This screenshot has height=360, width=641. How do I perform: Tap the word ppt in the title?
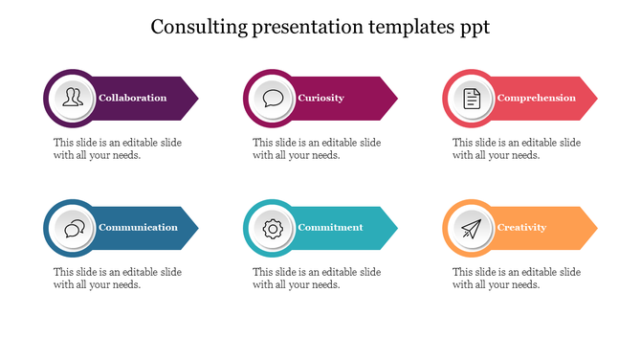coord(473,27)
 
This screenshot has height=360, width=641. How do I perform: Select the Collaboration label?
coord(132,98)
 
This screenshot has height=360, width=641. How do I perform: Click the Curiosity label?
coord(320,98)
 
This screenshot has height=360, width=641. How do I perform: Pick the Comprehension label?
coord(536,98)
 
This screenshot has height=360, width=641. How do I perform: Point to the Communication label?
coord(138,228)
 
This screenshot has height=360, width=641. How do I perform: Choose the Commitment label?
coord(330,228)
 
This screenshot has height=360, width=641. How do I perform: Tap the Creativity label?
coord(521,228)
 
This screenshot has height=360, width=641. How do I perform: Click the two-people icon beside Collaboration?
coord(73,98)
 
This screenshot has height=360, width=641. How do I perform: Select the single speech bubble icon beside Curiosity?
coord(273,98)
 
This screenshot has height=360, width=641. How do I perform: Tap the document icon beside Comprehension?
coord(472,98)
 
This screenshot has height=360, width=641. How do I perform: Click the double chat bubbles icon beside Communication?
coord(73,228)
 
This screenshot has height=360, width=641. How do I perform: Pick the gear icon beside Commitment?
coord(273,228)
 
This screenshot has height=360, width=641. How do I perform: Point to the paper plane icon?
coord(472,228)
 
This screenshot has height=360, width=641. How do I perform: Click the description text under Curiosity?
coord(317,148)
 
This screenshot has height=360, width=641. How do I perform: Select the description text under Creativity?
coord(517,278)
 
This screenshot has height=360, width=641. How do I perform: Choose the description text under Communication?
coord(118,278)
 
